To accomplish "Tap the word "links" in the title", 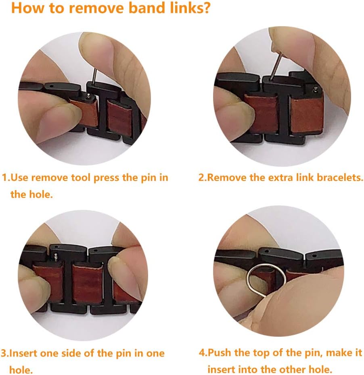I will pos(176,8).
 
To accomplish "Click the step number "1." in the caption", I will pos(6,178).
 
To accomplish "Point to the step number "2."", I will pos(202,178).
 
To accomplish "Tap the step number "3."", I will pos(5,354).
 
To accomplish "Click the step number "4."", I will pos(203,354).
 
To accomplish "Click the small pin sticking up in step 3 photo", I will pos(56,255).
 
